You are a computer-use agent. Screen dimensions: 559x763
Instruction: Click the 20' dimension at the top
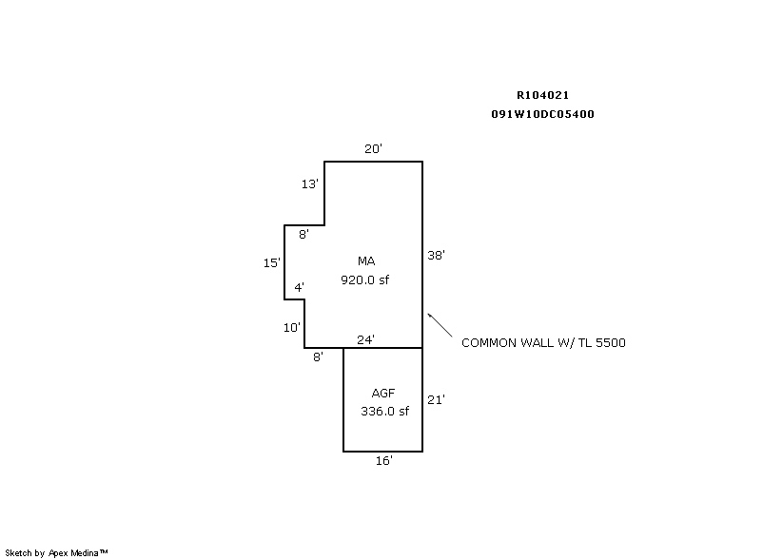click(373, 148)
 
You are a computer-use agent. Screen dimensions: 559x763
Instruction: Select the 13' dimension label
click(309, 184)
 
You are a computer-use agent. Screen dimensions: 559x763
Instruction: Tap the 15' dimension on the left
click(271, 263)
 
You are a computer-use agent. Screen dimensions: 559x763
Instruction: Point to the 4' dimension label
click(299, 287)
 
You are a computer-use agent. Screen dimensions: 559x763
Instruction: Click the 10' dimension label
click(291, 327)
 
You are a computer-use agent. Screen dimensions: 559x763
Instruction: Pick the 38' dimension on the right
click(437, 255)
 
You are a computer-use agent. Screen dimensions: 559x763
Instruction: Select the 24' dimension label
click(365, 339)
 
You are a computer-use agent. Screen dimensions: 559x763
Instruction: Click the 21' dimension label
click(437, 400)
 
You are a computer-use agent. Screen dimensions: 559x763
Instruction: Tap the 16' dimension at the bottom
click(384, 461)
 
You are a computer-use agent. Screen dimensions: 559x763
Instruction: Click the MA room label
click(366, 261)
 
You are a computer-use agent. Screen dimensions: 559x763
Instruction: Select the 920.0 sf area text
click(365, 280)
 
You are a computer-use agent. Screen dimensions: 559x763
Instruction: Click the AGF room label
click(384, 393)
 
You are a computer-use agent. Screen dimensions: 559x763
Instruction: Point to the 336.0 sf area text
click(384, 412)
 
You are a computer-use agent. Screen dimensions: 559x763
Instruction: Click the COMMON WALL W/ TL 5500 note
click(543, 342)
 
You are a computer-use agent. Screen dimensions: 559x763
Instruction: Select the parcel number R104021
click(543, 95)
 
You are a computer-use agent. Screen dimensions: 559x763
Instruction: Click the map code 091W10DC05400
click(543, 114)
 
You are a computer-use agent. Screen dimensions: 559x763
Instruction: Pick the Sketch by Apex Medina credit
click(57, 551)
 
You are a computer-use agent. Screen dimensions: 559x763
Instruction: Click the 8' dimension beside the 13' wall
click(303, 235)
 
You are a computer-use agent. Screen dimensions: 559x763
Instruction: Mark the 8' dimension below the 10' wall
click(318, 357)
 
